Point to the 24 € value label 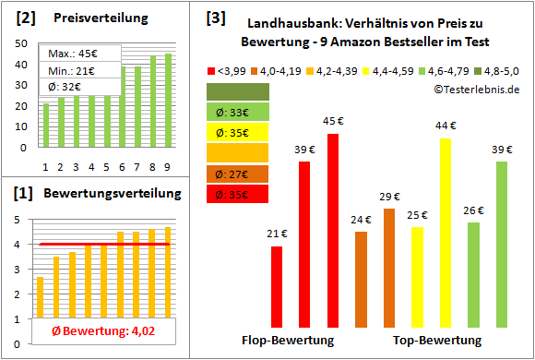pyautogui.click(x=362, y=220)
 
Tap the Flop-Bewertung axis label pyautogui.click(x=287, y=341)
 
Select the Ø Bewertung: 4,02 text pyautogui.click(x=91, y=332)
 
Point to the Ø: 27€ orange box pyautogui.click(x=237, y=174)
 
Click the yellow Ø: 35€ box pyautogui.click(x=237, y=132)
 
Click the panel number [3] pyautogui.click(x=215, y=18)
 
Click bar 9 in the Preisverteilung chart pyautogui.click(x=168, y=102)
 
